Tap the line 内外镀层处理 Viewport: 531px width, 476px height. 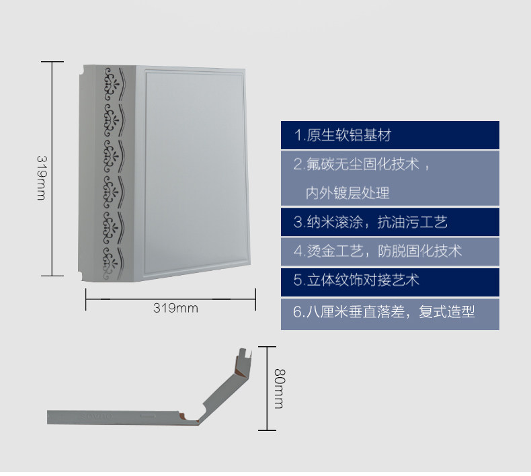point(348,194)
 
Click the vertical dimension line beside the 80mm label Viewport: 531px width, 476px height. point(268,388)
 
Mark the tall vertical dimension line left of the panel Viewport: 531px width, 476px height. point(52,168)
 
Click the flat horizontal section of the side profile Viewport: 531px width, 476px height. point(114,417)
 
